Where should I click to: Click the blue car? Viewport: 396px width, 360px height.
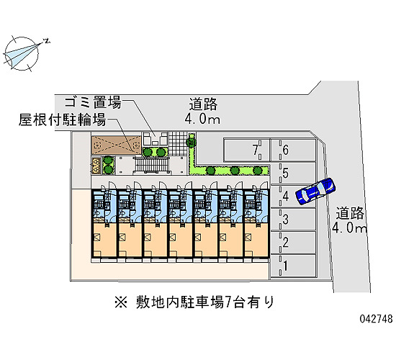tap(315, 191)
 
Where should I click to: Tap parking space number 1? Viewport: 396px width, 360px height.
tap(293, 266)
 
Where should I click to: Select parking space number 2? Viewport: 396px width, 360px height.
tap(293, 243)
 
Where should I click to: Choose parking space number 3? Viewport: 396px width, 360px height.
tap(293, 220)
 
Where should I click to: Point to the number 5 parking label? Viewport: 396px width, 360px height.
tap(286, 174)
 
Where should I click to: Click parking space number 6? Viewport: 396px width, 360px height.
tap(293, 150)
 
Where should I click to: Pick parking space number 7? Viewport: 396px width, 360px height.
tap(246, 150)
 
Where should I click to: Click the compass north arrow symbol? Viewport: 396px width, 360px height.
tap(23, 53)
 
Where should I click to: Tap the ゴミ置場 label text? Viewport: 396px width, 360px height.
tap(93, 102)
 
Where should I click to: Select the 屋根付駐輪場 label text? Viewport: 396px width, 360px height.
tap(62, 120)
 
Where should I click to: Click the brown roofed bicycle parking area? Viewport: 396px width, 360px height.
tap(116, 145)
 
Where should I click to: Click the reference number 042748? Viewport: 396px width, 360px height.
tap(376, 318)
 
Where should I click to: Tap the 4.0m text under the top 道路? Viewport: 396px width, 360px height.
tap(202, 119)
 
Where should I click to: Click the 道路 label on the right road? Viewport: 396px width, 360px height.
tap(350, 213)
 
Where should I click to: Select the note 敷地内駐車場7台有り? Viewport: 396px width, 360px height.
tap(204, 302)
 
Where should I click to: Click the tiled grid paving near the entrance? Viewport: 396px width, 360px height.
tap(179, 143)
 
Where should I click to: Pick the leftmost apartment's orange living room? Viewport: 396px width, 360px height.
tap(104, 240)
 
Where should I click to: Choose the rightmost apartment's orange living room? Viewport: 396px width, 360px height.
tap(256, 240)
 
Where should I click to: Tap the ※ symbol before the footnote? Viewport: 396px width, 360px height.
tap(121, 302)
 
